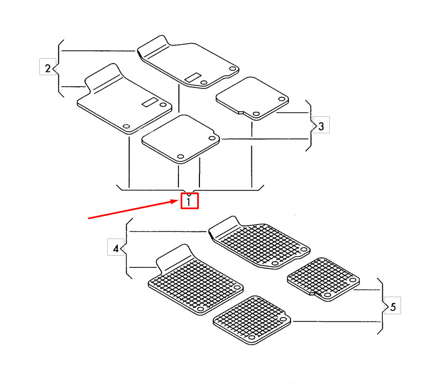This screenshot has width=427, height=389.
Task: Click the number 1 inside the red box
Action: pyautogui.click(x=189, y=202)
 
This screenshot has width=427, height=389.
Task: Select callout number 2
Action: pyautogui.click(x=48, y=68)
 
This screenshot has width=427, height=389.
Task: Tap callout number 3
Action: pyautogui.click(x=321, y=126)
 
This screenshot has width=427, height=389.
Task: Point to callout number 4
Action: pyautogui.click(x=116, y=248)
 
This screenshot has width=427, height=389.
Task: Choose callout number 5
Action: pyautogui.click(x=393, y=307)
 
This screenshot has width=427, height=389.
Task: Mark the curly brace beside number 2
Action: pyautogui.click(x=59, y=68)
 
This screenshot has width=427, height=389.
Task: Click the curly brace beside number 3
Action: pyautogui.click(x=310, y=126)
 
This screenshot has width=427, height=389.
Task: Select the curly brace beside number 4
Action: pyautogui.click(x=126, y=248)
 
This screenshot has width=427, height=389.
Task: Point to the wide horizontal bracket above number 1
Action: pyautogui.click(x=190, y=190)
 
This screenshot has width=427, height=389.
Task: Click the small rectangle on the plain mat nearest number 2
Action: pyautogui.click(x=150, y=101)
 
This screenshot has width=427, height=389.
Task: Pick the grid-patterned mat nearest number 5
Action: pyautogui.click(x=323, y=279)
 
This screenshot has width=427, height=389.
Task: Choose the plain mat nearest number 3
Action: pyautogui.click(x=252, y=98)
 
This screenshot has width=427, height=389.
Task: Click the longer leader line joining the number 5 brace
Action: pyautogui.click(x=336, y=321)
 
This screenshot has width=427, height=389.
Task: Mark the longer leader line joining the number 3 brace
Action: pyautogui.click(x=265, y=139)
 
